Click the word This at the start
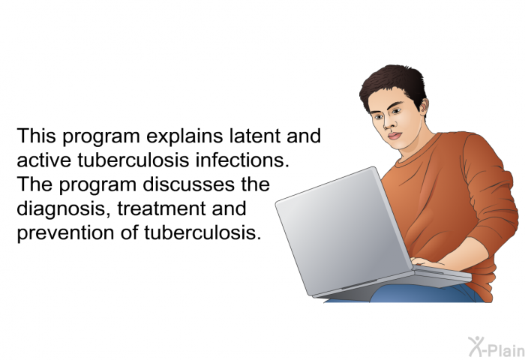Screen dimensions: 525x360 (37, 136)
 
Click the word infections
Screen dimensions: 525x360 (242, 160)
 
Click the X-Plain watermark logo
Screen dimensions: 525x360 (496, 347)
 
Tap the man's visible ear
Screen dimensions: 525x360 (424, 108)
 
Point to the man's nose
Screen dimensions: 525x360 (388, 124)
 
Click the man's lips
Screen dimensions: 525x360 (394, 136)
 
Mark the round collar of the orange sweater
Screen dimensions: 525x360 (418, 151)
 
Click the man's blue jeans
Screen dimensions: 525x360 (425, 294)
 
